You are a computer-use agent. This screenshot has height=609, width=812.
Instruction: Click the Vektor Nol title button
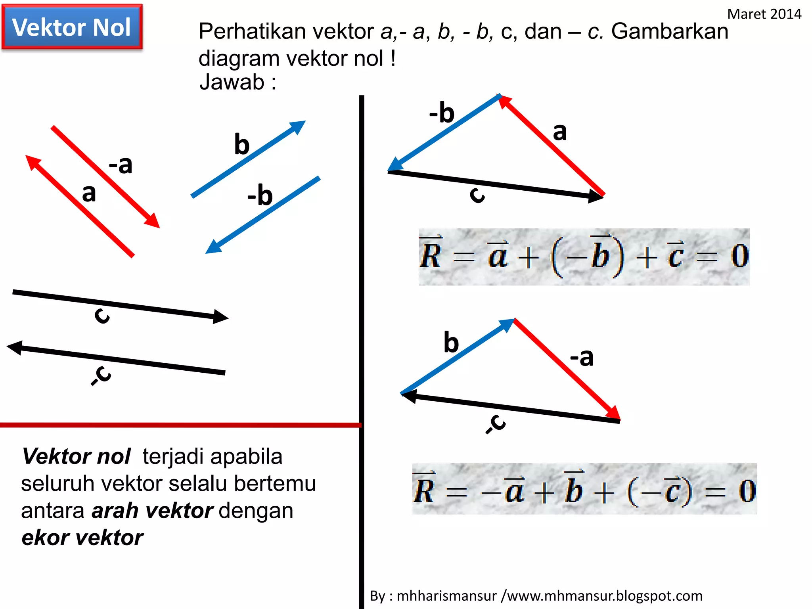point(72,27)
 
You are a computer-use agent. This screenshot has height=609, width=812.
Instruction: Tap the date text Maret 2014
point(764,14)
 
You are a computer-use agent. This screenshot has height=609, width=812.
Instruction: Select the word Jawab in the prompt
point(232,82)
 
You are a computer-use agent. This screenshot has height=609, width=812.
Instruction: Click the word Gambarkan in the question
point(670,31)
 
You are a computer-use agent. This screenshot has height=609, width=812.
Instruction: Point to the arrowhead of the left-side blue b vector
point(298,126)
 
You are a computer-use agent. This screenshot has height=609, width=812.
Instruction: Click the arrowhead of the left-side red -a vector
point(153,221)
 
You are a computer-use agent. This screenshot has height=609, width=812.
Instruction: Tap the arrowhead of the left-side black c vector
point(220,316)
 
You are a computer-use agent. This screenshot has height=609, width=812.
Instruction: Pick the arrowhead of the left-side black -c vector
point(15,347)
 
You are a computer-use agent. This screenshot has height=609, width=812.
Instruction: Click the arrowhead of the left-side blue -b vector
point(213,247)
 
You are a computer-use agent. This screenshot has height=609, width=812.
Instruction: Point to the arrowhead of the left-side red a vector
point(33,162)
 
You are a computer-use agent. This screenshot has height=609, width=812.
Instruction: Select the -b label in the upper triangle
point(442,113)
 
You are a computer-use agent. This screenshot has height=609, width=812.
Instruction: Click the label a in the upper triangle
point(559,132)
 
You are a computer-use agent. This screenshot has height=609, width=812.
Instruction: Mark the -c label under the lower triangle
point(496,423)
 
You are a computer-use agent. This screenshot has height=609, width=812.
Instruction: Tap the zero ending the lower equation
point(747,491)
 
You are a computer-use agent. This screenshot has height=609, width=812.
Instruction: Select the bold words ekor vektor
point(82,538)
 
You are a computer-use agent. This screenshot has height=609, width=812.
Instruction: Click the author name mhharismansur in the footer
point(446,596)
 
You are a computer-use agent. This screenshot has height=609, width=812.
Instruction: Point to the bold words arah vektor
point(152,511)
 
